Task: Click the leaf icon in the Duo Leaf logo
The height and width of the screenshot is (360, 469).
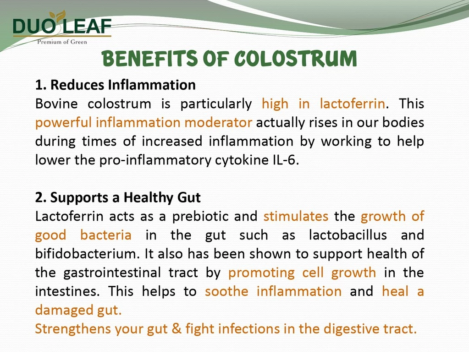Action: pos(57,15)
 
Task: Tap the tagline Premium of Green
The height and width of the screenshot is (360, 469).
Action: pos(62,42)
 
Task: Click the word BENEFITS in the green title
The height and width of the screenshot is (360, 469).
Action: pos(149,58)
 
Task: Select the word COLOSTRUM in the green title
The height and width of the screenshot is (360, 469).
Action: pos(296,58)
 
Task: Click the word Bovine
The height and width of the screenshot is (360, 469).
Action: pos(56,104)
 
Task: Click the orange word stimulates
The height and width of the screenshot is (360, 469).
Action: pos(296,217)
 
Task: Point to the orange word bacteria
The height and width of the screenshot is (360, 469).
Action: pos(106,235)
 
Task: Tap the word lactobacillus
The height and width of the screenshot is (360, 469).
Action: pos(348,235)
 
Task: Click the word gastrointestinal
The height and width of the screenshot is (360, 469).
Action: pos(112,273)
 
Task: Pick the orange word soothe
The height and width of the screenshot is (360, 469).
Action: pos(226,292)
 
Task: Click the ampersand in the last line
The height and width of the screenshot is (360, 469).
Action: pos(177,329)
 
